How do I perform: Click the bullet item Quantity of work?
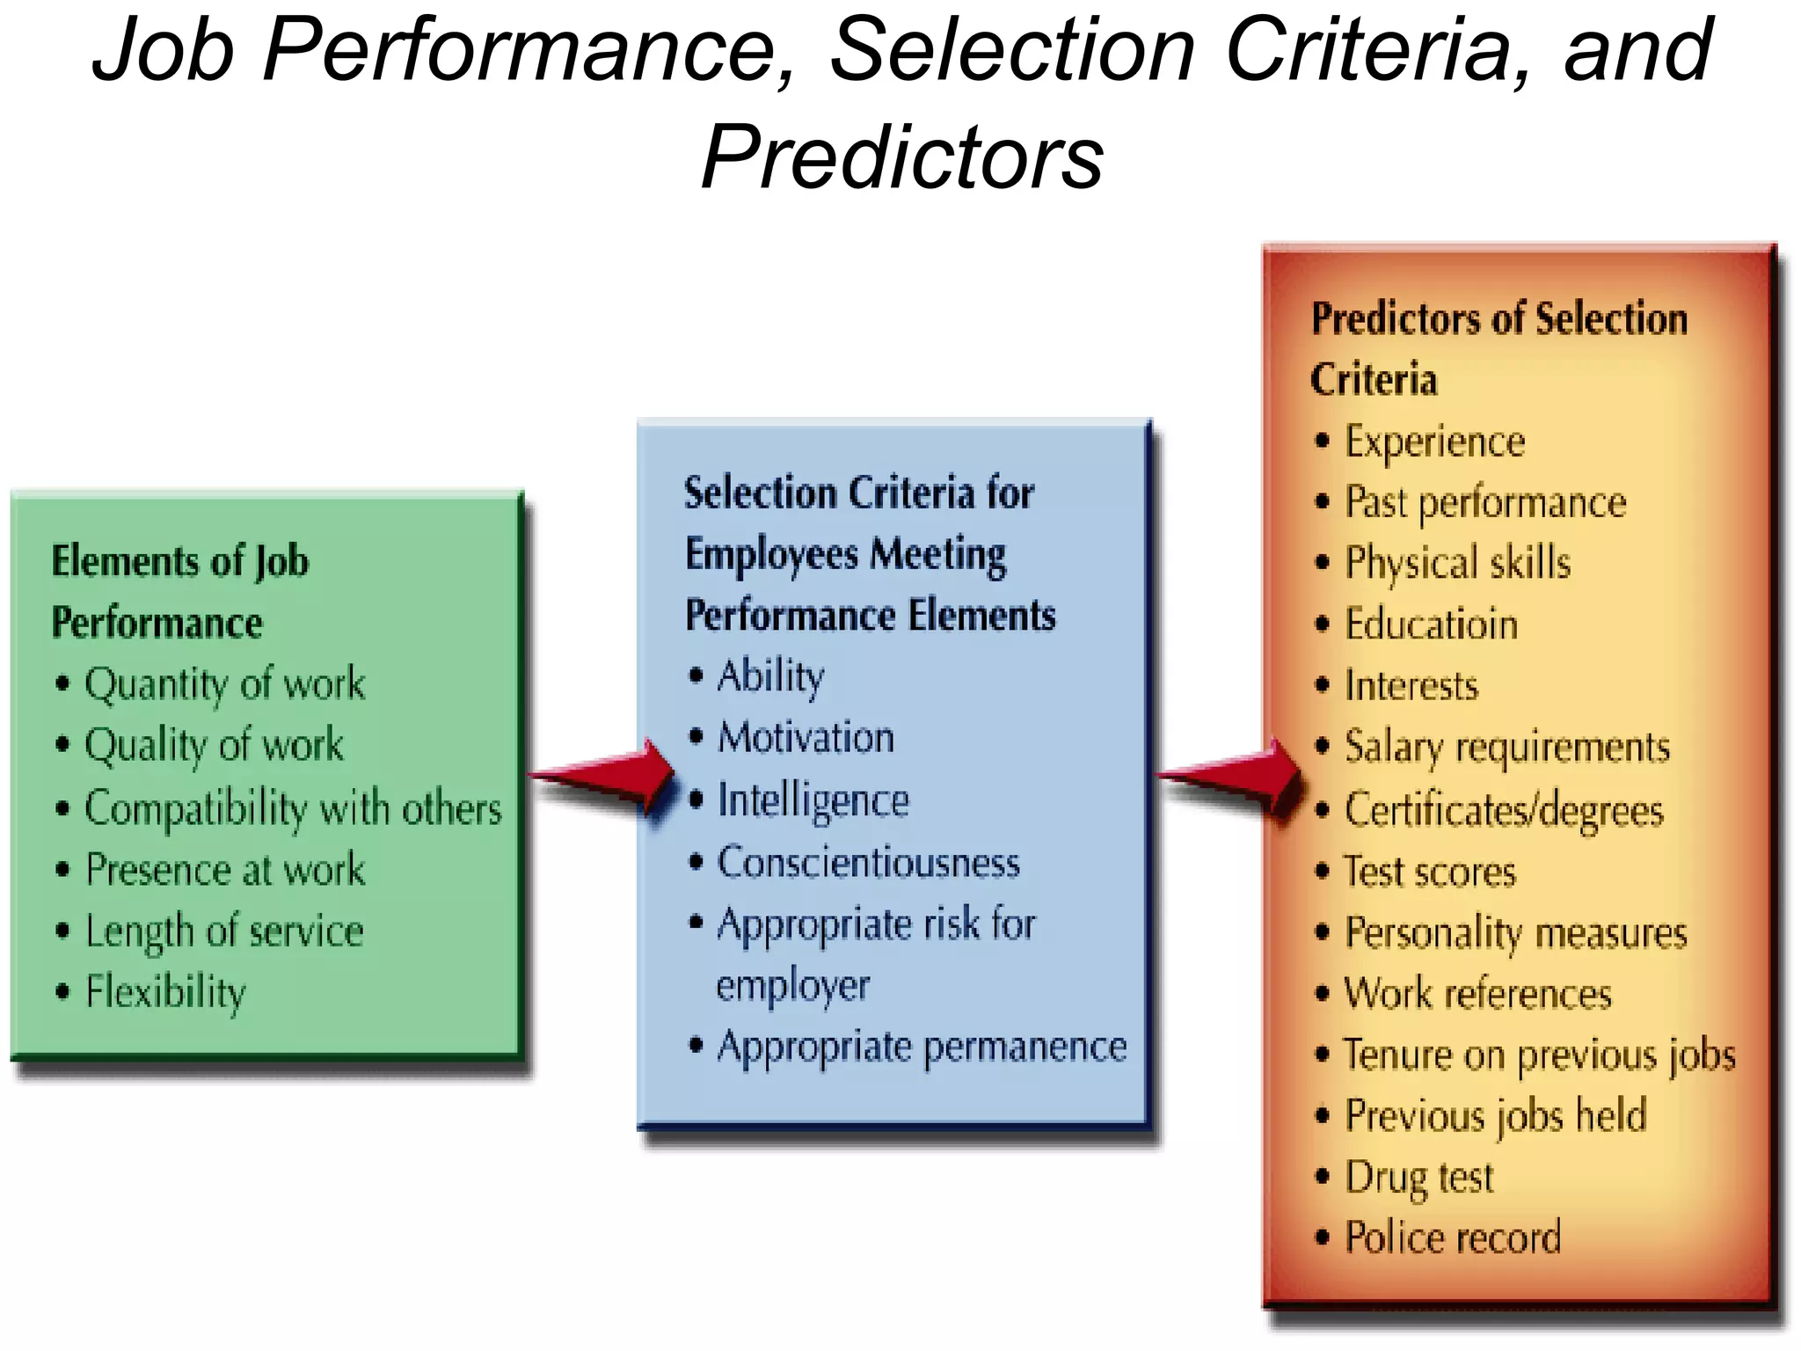(x=224, y=684)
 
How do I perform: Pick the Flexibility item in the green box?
(x=165, y=992)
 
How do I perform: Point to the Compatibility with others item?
(x=293, y=808)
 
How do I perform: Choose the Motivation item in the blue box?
(x=806, y=738)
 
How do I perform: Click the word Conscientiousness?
(x=869, y=863)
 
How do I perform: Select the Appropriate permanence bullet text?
(x=922, y=1048)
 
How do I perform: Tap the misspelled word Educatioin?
(x=1432, y=624)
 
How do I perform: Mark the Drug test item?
(x=1419, y=1177)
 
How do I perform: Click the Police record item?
(x=1453, y=1238)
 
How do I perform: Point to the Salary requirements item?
(x=1507, y=748)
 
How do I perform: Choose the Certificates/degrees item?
(x=1504, y=810)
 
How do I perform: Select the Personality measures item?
(x=1516, y=933)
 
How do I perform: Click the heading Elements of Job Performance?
(x=180, y=592)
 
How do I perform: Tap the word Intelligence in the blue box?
(x=813, y=801)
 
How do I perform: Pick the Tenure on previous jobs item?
(x=1539, y=1055)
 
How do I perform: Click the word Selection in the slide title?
(x=1011, y=50)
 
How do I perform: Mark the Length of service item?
(x=224, y=931)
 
